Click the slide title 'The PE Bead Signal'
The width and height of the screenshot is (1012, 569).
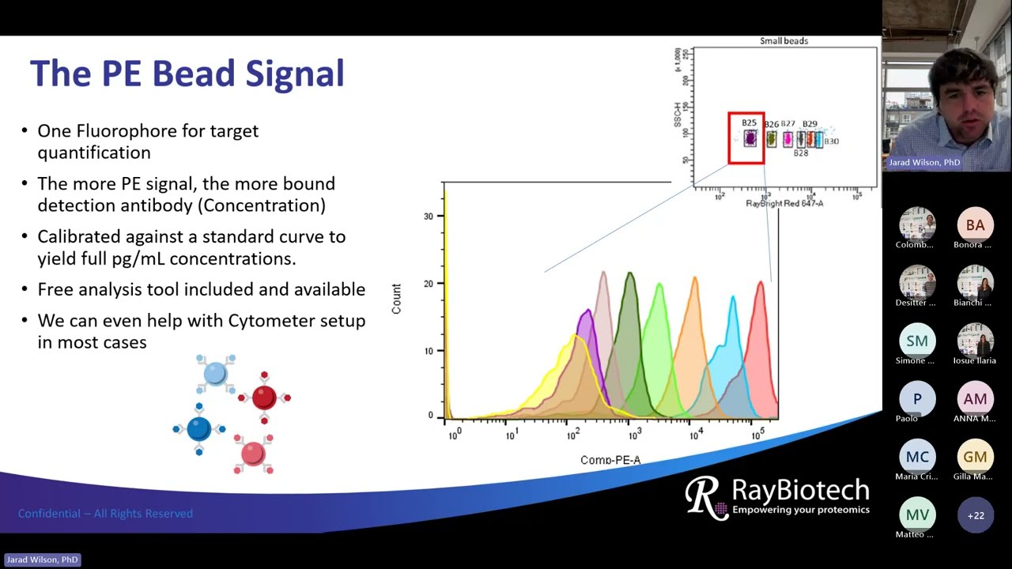tap(187, 73)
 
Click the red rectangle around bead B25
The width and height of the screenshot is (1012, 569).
tap(746, 138)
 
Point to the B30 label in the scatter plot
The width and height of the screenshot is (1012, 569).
tap(832, 141)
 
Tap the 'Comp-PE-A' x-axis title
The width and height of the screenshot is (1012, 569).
tap(610, 460)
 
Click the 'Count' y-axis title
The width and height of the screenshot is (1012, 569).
tap(396, 299)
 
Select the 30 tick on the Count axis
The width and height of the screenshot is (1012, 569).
tap(429, 216)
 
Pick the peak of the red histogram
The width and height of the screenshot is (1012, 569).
tap(761, 282)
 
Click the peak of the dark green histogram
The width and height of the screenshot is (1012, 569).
tap(630, 273)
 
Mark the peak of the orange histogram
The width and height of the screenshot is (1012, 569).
tap(695, 278)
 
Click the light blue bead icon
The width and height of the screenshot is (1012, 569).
tap(215, 374)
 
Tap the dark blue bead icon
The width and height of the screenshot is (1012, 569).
tap(198, 428)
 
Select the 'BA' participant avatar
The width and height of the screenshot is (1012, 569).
tap(975, 225)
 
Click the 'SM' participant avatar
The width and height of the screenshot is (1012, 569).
tap(917, 341)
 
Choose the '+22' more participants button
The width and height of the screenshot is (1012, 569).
tap(975, 515)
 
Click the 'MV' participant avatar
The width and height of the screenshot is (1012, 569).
tap(917, 515)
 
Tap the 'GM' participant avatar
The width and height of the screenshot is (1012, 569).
tap(975, 457)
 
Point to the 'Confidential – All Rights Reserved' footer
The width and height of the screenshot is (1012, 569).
tap(105, 514)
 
